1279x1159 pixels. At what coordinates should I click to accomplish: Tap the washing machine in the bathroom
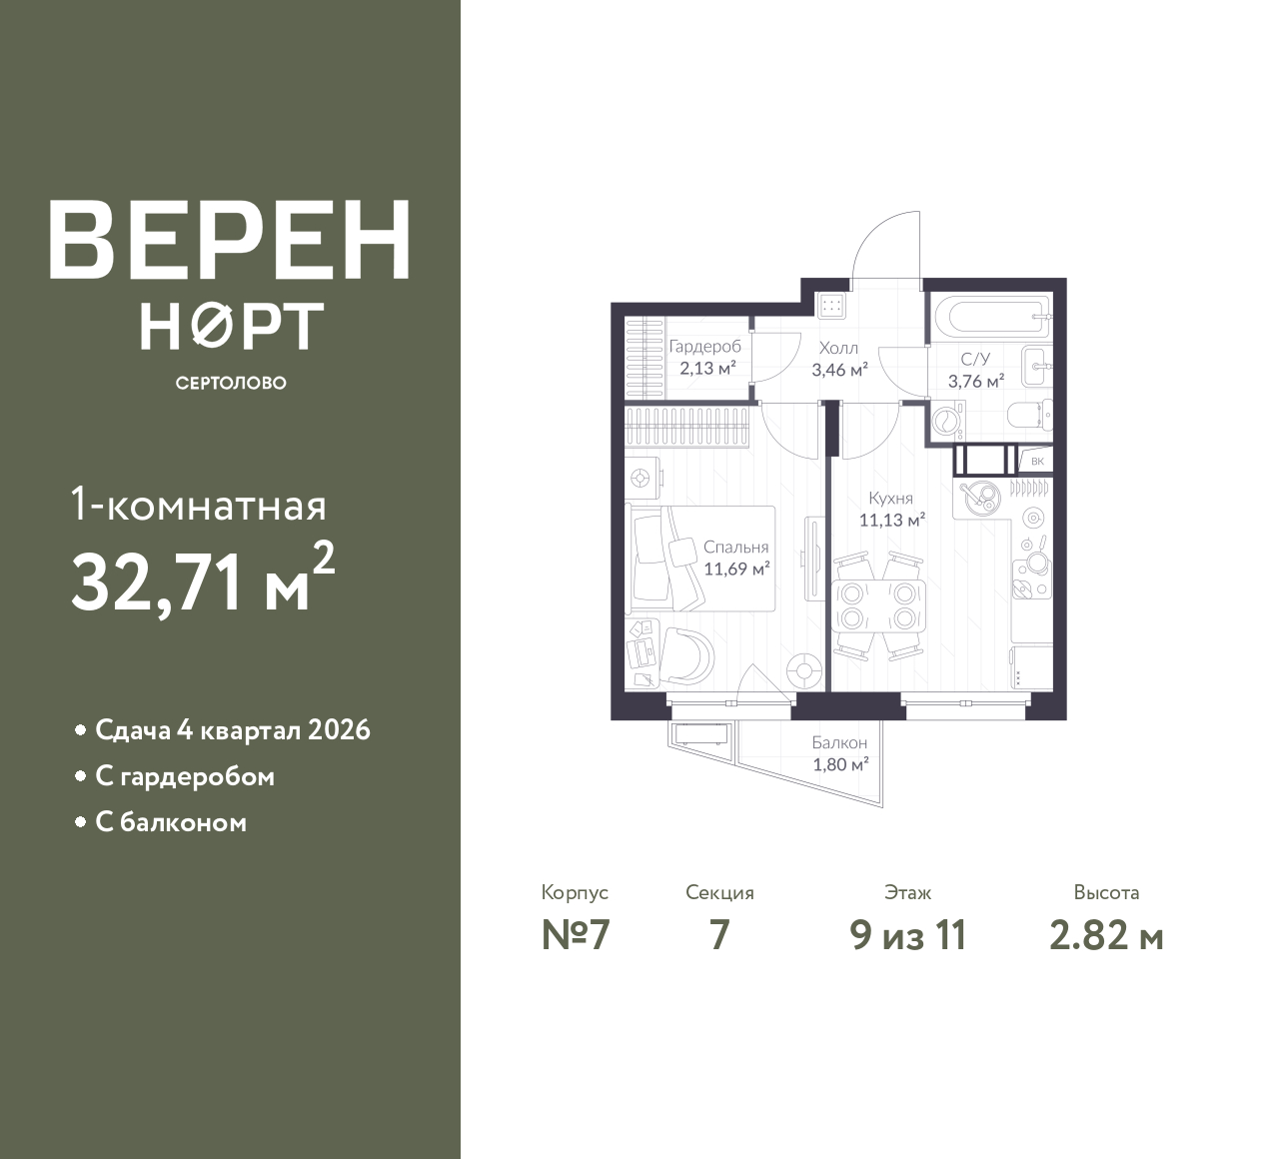[948, 421]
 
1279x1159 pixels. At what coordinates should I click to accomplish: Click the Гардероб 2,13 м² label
[706, 357]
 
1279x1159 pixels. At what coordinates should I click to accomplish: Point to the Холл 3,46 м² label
[839, 359]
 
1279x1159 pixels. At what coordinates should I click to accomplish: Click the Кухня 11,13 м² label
[891, 509]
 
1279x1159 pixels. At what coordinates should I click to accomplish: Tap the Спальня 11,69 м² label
[735, 558]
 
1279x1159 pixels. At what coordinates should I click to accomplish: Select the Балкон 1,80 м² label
[839, 753]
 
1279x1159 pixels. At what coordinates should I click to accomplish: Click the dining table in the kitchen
[878, 605]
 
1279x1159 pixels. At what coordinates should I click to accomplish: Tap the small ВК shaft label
[1037, 461]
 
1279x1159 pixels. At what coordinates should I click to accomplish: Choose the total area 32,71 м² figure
[203, 579]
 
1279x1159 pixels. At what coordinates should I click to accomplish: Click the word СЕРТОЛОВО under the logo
[231, 383]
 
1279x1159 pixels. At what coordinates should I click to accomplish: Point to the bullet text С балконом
[171, 822]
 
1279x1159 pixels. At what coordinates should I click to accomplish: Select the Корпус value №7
[576, 936]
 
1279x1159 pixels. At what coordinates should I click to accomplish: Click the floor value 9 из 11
[908, 936]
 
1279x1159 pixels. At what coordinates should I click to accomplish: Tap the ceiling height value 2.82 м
[1106, 936]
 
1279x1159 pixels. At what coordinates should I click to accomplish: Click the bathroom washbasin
[1037, 367]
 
